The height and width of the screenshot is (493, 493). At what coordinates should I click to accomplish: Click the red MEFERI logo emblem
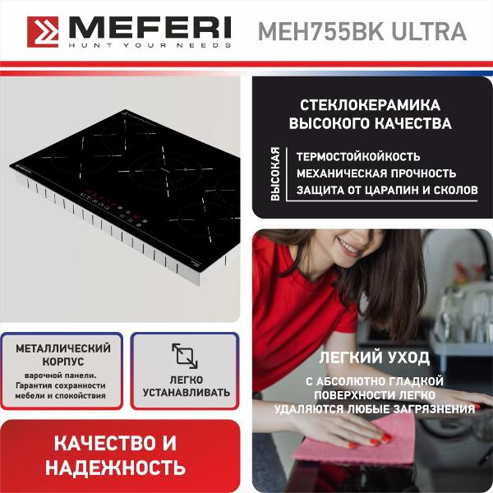(x=44, y=31)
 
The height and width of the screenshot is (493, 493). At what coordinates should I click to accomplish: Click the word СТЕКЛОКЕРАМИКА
(x=371, y=106)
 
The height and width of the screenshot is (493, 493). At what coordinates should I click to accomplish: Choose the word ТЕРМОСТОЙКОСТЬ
(x=358, y=156)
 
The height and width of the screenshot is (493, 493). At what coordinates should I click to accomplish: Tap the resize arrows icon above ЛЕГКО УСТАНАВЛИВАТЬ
(x=185, y=355)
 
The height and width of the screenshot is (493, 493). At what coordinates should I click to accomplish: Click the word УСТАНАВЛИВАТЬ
(x=185, y=393)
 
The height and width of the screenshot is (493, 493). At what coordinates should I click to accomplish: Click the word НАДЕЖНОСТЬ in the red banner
(x=121, y=468)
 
